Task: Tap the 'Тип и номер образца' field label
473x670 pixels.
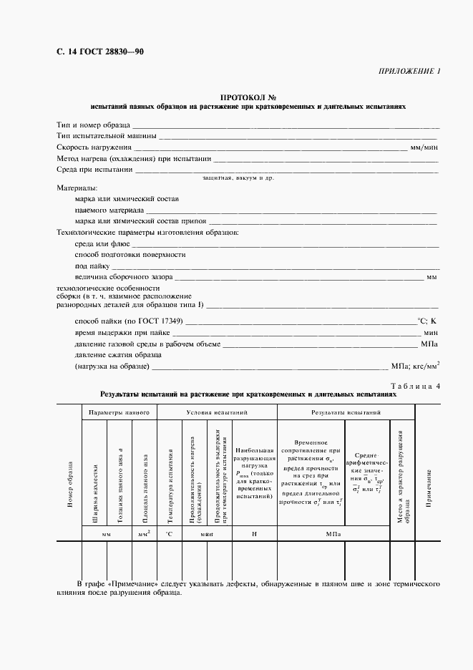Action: click(x=93, y=125)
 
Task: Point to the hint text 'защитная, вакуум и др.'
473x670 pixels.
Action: click(x=238, y=178)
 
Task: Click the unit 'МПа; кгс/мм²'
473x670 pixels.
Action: click(x=415, y=366)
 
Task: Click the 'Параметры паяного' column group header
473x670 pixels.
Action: click(x=119, y=413)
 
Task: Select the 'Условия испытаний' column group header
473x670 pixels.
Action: click(x=217, y=413)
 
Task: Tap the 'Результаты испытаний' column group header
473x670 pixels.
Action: click(x=346, y=413)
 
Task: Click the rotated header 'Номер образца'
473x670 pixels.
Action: click(x=70, y=490)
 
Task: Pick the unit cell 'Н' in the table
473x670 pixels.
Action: click(x=254, y=534)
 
